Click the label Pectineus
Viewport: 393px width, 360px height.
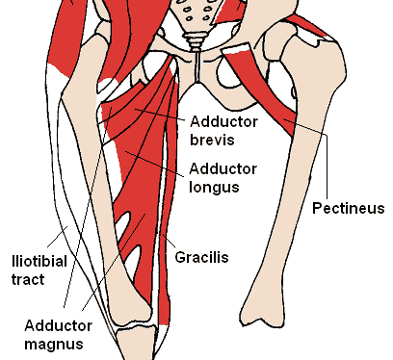click(349, 208)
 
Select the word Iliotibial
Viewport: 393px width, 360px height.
click(37, 259)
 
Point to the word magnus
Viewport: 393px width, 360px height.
click(55, 344)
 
